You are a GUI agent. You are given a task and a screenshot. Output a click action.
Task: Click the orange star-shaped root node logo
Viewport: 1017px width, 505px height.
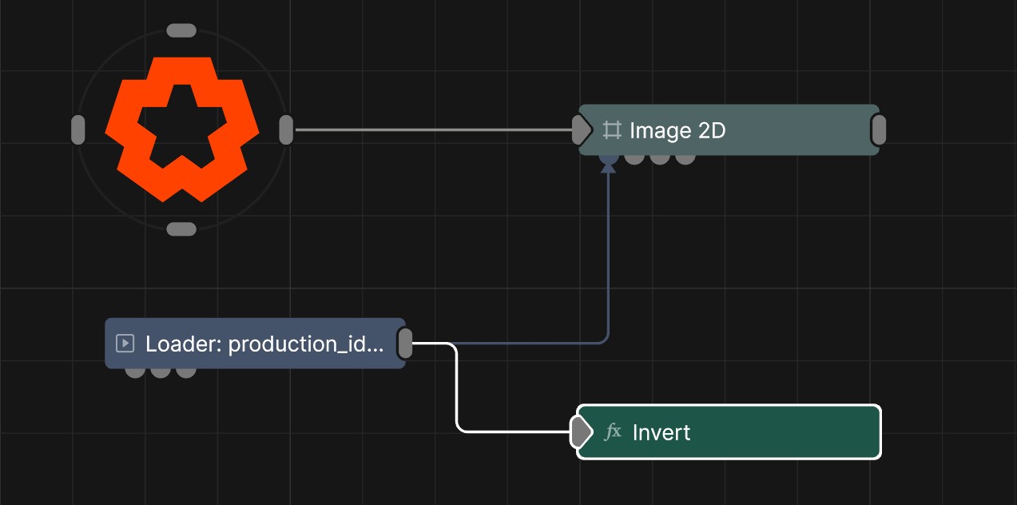click(x=181, y=129)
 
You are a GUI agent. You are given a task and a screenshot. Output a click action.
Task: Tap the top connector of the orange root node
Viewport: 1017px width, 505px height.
click(x=181, y=30)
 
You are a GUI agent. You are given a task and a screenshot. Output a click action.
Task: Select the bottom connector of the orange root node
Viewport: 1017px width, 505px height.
click(x=181, y=229)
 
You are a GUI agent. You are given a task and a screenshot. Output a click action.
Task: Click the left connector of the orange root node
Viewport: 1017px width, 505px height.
click(x=78, y=130)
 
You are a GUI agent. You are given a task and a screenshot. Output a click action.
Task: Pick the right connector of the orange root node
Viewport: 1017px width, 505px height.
click(x=286, y=130)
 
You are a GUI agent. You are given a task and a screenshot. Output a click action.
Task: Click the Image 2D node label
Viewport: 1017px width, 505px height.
click(x=677, y=131)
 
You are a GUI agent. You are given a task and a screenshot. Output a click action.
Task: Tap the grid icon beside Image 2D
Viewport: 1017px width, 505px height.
click(x=612, y=130)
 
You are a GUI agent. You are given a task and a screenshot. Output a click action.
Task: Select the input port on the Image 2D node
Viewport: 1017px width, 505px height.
click(x=582, y=130)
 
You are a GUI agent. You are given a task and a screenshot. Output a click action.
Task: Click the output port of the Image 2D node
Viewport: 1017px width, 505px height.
click(x=879, y=130)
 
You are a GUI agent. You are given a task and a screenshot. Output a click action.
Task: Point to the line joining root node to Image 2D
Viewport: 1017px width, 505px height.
click(x=434, y=130)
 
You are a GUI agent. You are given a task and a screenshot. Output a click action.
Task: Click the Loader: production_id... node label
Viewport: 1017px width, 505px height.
click(x=264, y=344)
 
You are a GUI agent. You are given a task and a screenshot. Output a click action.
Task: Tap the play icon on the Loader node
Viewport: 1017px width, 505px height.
click(x=125, y=344)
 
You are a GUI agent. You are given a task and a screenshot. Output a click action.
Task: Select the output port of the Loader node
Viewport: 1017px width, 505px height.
click(x=405, y=344)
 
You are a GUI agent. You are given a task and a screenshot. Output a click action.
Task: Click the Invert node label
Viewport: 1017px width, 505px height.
click(x=661, y=433)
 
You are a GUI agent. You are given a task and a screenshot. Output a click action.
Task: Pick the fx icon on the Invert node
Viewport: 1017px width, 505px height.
click(x=613, y=431)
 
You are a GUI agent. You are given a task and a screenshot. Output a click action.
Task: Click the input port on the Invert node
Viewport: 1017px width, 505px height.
click(x=581, y=431)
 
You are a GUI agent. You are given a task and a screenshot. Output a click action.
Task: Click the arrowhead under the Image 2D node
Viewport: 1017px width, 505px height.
click(x=608, y=168)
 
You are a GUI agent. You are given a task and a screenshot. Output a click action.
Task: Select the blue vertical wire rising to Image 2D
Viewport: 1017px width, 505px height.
click(x=608, y=254)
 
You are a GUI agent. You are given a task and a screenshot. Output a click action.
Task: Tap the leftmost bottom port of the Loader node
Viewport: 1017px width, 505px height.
click(x=135, y=372)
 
